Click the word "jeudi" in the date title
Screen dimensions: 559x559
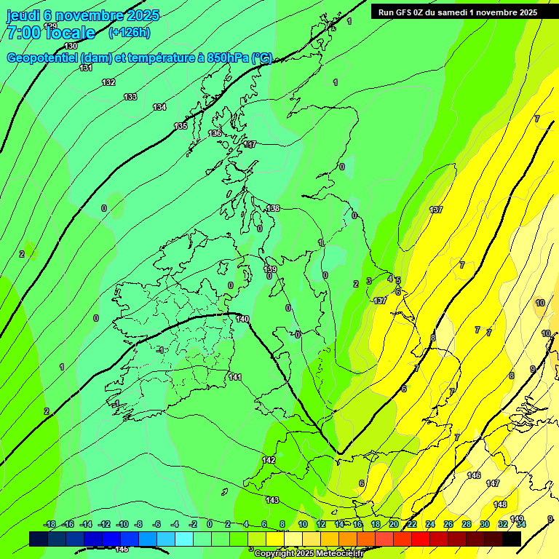23,15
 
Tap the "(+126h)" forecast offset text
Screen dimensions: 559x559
129,32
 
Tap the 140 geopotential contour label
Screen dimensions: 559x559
242,319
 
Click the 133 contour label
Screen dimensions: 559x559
130,97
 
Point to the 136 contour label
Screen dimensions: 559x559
215,133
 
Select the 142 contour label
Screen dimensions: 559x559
269,460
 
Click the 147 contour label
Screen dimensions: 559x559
493,483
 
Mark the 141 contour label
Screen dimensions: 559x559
235,376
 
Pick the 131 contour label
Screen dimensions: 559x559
86,68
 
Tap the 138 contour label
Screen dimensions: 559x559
273,208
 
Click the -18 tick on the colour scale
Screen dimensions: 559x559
49,524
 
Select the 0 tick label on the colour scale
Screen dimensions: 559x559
210,524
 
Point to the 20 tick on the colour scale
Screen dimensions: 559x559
393,524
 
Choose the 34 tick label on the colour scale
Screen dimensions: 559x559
520,524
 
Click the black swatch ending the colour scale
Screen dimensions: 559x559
512,539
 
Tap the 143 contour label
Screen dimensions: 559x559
272,500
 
